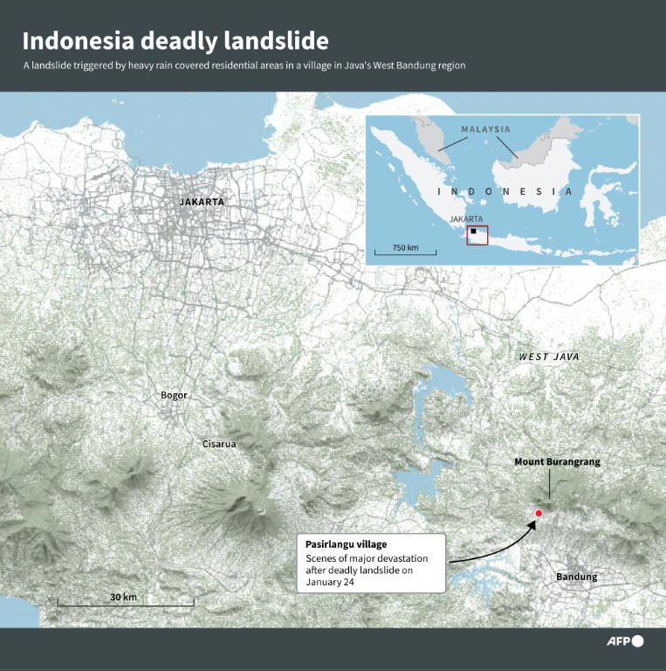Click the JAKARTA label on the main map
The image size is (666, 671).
pos(202,202)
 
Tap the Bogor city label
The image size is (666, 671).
pos(174,395)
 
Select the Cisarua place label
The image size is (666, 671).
pos(219,444)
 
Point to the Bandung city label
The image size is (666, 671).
pos(577,577)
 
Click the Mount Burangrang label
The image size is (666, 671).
pos(557,461)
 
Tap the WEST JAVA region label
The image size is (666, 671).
pos(548,356)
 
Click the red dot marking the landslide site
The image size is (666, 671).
pos(539,514)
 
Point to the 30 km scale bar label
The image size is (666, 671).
pos(123,597)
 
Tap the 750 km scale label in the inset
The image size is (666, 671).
pos(405,248)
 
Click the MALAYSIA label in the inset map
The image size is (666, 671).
pos(486,129)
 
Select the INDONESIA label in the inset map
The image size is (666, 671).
pos(505,191)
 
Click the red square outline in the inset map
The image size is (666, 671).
pos(477,234)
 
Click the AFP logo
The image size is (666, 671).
pos(625,641)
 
